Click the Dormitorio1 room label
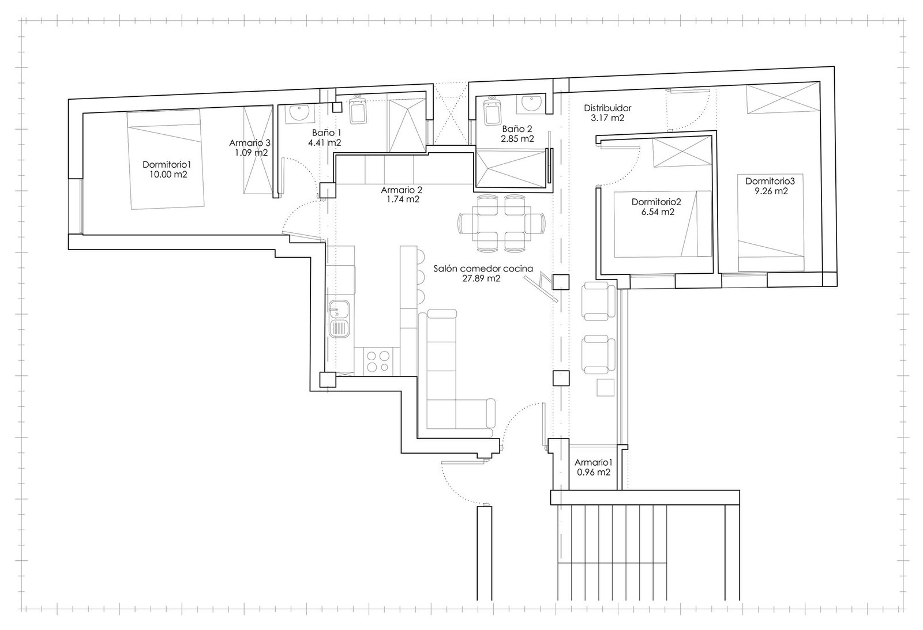(167, 164)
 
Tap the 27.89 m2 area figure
(481, 278)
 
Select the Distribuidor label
(607, 108)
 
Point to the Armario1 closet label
(594, 462)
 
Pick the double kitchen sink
(340, 319)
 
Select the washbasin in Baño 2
(531, 103)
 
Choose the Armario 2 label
(402, 190)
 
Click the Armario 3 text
(250, 143)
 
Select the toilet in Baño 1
(358, 110)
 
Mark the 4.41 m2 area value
(325, 143)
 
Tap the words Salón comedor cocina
(483, 269)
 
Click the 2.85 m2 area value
(517, 139)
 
